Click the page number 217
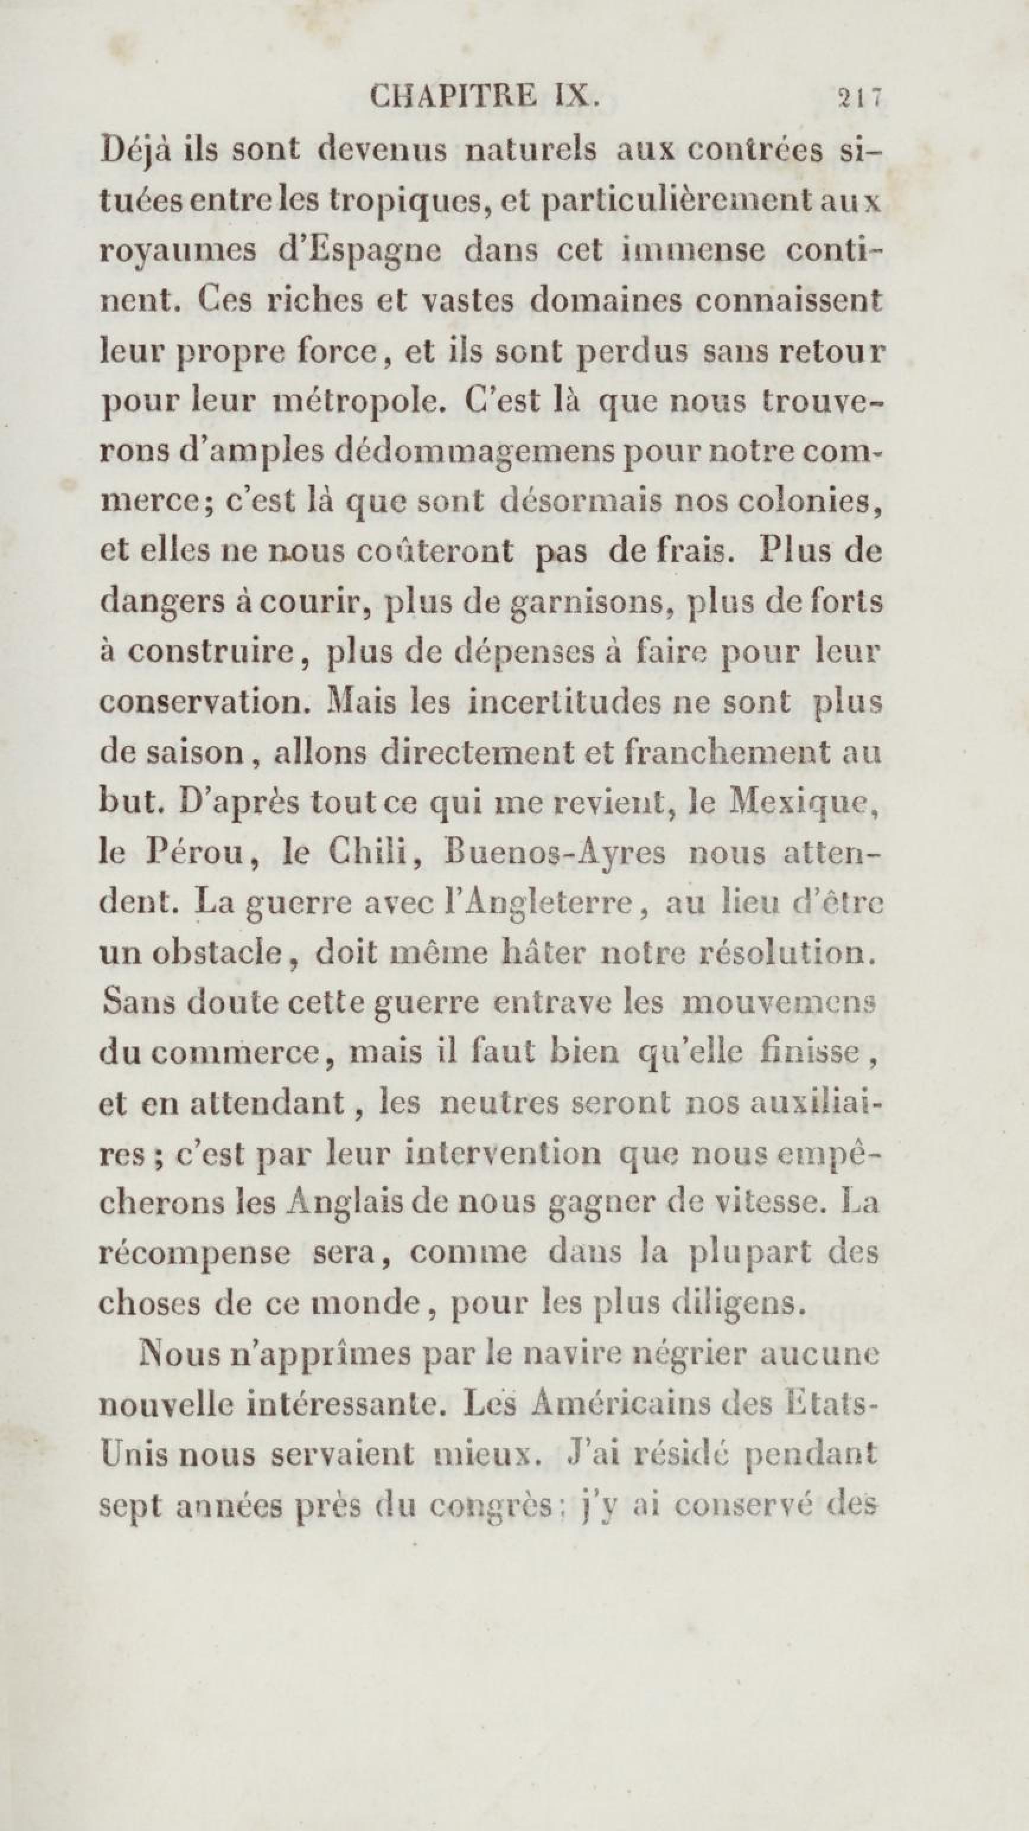(859, 97)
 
